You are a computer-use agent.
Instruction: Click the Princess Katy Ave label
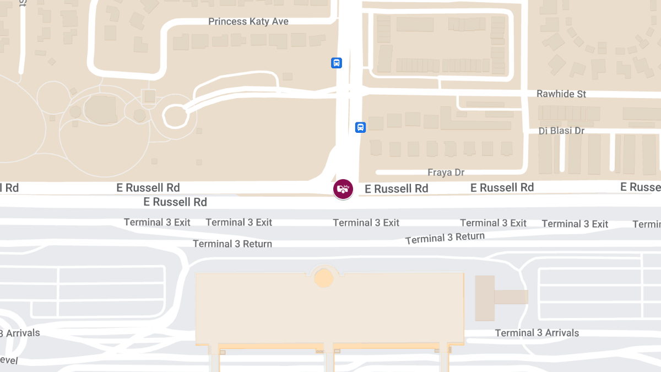[x=248, y=21]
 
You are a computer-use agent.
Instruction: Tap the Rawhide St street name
[x=561, y=94]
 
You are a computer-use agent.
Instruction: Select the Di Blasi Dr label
[x=561, y=131]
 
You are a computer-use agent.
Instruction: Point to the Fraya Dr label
[x=446, y=172]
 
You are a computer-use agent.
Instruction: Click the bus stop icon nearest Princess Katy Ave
[x=337, y=63]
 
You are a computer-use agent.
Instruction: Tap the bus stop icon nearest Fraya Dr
[x=360, y=127]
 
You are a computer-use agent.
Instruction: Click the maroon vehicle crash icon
[x=343, y=189]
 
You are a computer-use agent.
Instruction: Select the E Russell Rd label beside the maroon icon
[x=397, y=189]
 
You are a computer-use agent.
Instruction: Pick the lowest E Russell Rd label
[x=175, y=202]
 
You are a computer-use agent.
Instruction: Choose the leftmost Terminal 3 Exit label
[x=157, y=223]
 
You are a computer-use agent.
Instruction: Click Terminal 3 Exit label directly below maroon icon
[x=366, y=223]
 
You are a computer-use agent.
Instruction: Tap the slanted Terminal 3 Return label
[x=445, y=238]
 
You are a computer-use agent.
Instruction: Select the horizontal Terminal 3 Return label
[x=232, y=244]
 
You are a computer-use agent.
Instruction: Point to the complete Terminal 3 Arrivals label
[x=537, y=333]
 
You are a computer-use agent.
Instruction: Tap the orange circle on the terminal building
[x=324, y=278]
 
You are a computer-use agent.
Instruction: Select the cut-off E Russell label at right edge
[x=641, y=187]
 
